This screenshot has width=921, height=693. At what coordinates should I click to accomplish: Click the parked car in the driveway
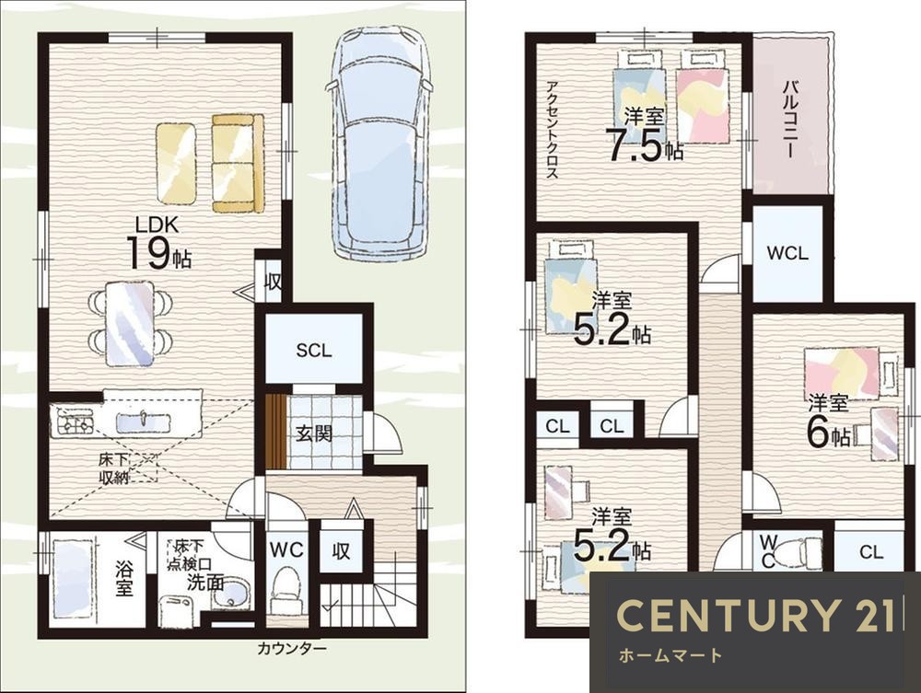click(381, 144)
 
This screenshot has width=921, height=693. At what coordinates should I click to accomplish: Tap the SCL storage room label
click(314, 351)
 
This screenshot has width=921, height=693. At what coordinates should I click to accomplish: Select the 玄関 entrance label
click(314, 433)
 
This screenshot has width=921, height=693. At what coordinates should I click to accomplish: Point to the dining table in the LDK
click(130, 322)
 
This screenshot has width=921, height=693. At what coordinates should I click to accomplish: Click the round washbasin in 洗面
click(233, 594)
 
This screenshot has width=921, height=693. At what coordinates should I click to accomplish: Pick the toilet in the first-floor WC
click(286, 589)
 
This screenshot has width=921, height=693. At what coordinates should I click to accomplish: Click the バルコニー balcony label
click(790, 119)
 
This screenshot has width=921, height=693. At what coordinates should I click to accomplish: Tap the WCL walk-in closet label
click(787, 253)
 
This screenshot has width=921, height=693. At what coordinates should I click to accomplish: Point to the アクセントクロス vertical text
click(552, 129)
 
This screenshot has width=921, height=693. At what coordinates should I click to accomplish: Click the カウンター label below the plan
click(291, 649)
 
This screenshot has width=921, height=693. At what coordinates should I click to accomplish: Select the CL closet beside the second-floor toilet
click(870, 551)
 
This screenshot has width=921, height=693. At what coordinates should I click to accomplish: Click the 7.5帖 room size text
click(645, 146)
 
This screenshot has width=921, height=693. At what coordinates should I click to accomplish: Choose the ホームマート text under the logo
click(670, 655)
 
